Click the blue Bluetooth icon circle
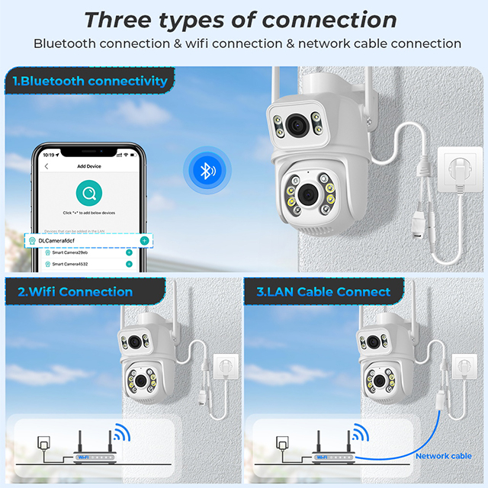click(x=204, y=171)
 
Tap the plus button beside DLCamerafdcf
click(x=144, y=240)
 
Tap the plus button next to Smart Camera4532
click(x=129, y=264)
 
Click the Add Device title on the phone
click(x=90, y=166)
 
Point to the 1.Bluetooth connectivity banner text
click(x=90, y=80)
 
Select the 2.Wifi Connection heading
click(x=75, y=291)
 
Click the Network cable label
click(x=443, y=456)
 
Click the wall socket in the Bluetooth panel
click(x=458, y=172)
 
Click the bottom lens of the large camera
click(x=307, y=194)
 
